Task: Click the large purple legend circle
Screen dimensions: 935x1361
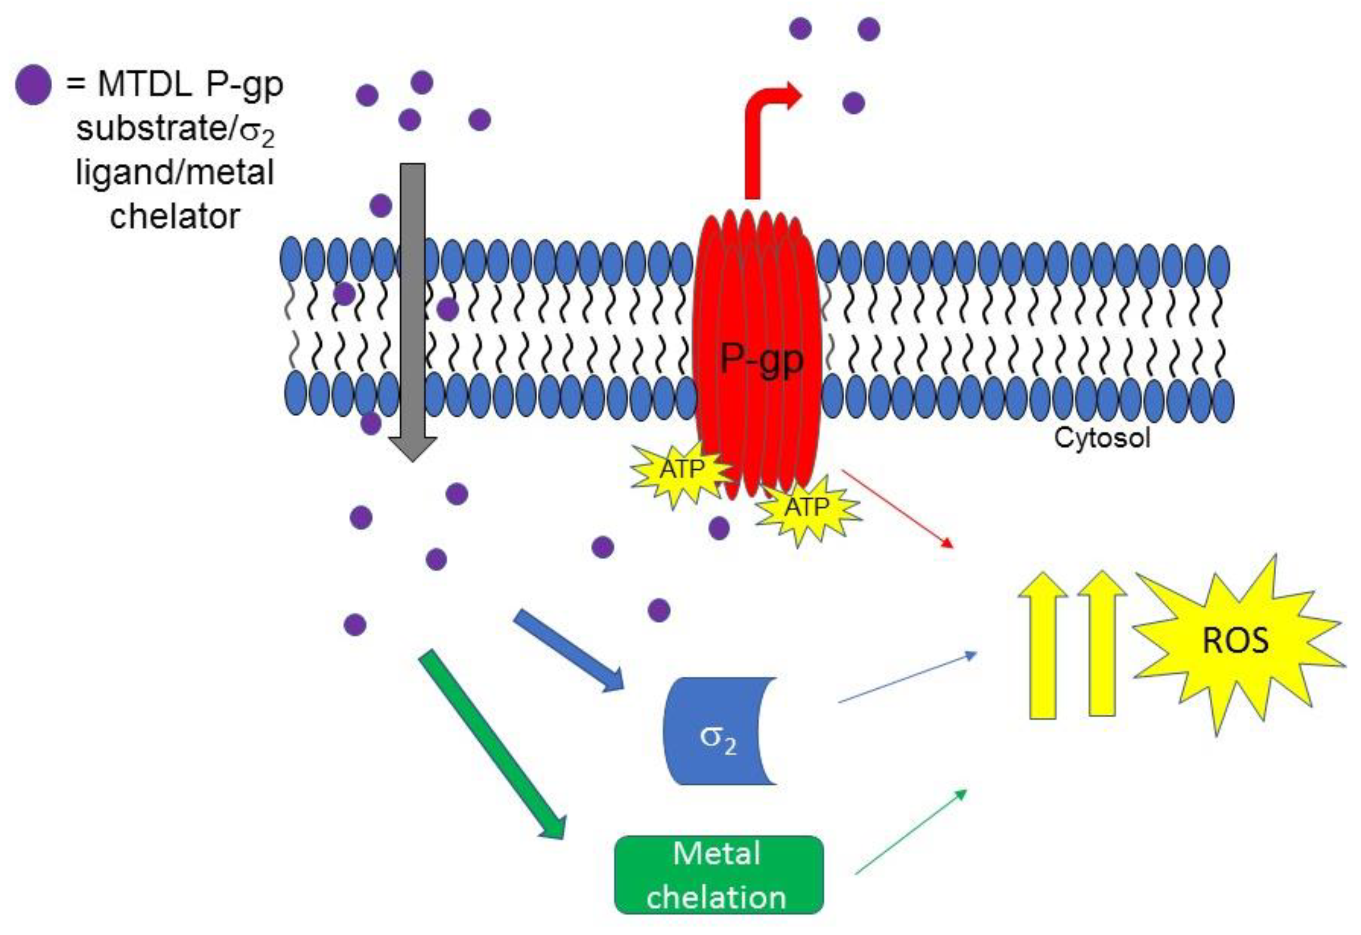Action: click(33, 85)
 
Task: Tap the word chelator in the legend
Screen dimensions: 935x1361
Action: click(174, 216)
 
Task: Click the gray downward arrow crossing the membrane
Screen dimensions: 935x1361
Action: click(412, 310)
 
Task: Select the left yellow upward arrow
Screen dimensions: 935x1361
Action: click(1042, 645)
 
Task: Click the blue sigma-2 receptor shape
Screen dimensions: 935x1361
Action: click(715, 731)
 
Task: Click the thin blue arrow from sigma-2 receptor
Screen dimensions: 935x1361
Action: click(907, 677)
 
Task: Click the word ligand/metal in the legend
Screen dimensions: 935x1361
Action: click(174, 173)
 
